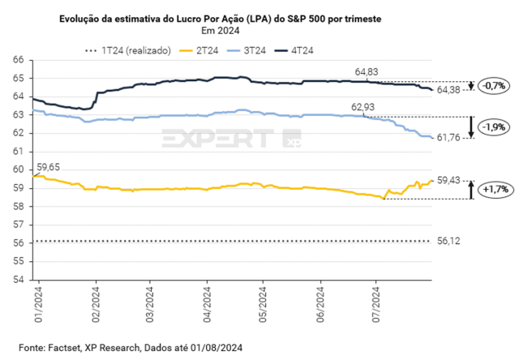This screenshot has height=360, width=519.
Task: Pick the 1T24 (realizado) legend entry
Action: (x=130, y=50)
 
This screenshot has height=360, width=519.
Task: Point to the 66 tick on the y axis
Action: (x=17, y=59)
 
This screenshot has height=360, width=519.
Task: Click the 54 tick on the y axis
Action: (x=17, y=280)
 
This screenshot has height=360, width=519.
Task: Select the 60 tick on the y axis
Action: (x=17, y=169)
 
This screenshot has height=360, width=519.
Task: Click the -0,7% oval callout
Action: (x=493, y=85)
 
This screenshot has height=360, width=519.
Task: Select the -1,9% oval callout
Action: (x=493, y=127)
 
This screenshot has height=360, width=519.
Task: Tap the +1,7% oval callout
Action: (x=493, y=189)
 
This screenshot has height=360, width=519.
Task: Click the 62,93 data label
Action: (x=364, y=107)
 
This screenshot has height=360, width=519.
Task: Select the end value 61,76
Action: (x=449, y=139)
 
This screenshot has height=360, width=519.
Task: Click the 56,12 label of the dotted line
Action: (x=449, y=242)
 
